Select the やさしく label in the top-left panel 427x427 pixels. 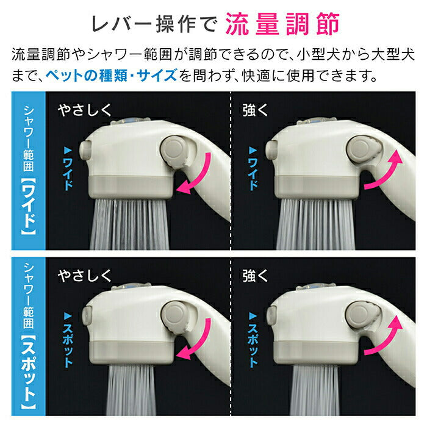pyautogui.click(x=85, y=110)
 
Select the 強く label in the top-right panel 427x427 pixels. pyautogui.click(x=256, y=110)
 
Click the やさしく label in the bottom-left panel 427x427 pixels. pyautogui.click(x=85, y=274)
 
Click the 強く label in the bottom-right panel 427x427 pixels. pyautogui.click(x=256, y=274)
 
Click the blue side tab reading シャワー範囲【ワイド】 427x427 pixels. pyautogui.click(x=29, y=171)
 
